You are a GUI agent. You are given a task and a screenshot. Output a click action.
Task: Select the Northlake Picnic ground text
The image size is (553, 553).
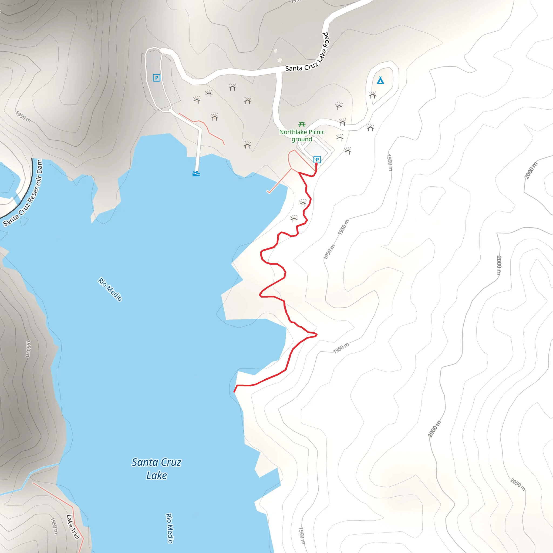coord(302,135)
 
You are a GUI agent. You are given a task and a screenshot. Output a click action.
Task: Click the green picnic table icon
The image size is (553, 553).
coord(302,124)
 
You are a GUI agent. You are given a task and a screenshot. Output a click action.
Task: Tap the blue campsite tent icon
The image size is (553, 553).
coord(380,80)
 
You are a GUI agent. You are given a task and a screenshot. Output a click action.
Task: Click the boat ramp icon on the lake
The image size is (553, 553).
coord(196,173)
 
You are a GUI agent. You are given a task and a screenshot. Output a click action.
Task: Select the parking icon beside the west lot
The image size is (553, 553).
coord(156,77)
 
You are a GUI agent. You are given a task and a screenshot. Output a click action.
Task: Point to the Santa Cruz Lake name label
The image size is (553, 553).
coord(157,468)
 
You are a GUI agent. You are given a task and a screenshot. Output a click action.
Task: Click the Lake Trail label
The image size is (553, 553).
coord(73,527)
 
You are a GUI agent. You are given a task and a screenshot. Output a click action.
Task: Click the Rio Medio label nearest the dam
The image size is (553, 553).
coord(110,289)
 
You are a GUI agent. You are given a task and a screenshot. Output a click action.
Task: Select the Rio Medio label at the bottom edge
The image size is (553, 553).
coord(170,528)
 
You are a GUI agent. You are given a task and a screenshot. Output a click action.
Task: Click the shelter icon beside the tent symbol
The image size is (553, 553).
coord(372,95)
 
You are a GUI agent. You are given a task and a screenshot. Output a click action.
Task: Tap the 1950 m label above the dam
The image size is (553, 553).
coord(23,116)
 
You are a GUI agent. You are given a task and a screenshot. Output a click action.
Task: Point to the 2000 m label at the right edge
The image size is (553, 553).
coord(531,171)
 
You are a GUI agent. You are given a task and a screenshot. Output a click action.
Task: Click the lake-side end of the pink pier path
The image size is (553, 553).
coord(268,192)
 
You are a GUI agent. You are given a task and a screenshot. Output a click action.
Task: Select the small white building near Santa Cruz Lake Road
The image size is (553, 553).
coord(280,60)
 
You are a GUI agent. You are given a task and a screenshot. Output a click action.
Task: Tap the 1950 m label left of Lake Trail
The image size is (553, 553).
coord(54,525)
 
